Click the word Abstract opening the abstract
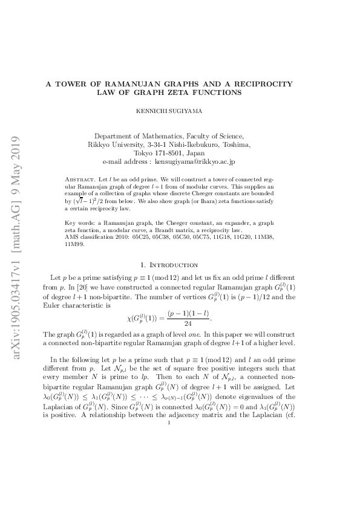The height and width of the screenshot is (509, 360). [x=77, y=180]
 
